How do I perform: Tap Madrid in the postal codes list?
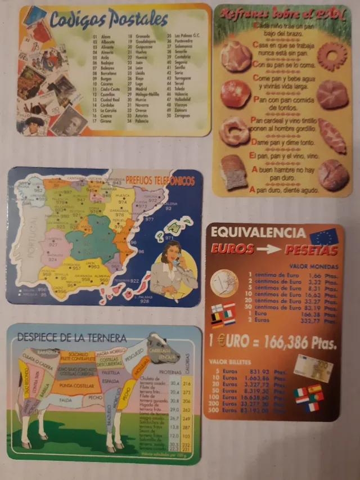[x=141, y=88]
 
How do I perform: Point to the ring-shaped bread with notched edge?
[x=332, y=56]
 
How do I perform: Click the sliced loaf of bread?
[x=234, y=172]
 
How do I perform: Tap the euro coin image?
[x=224, y=283]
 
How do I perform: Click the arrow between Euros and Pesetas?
[x=267, y=250]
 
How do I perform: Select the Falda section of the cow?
[x=66, y=400]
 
